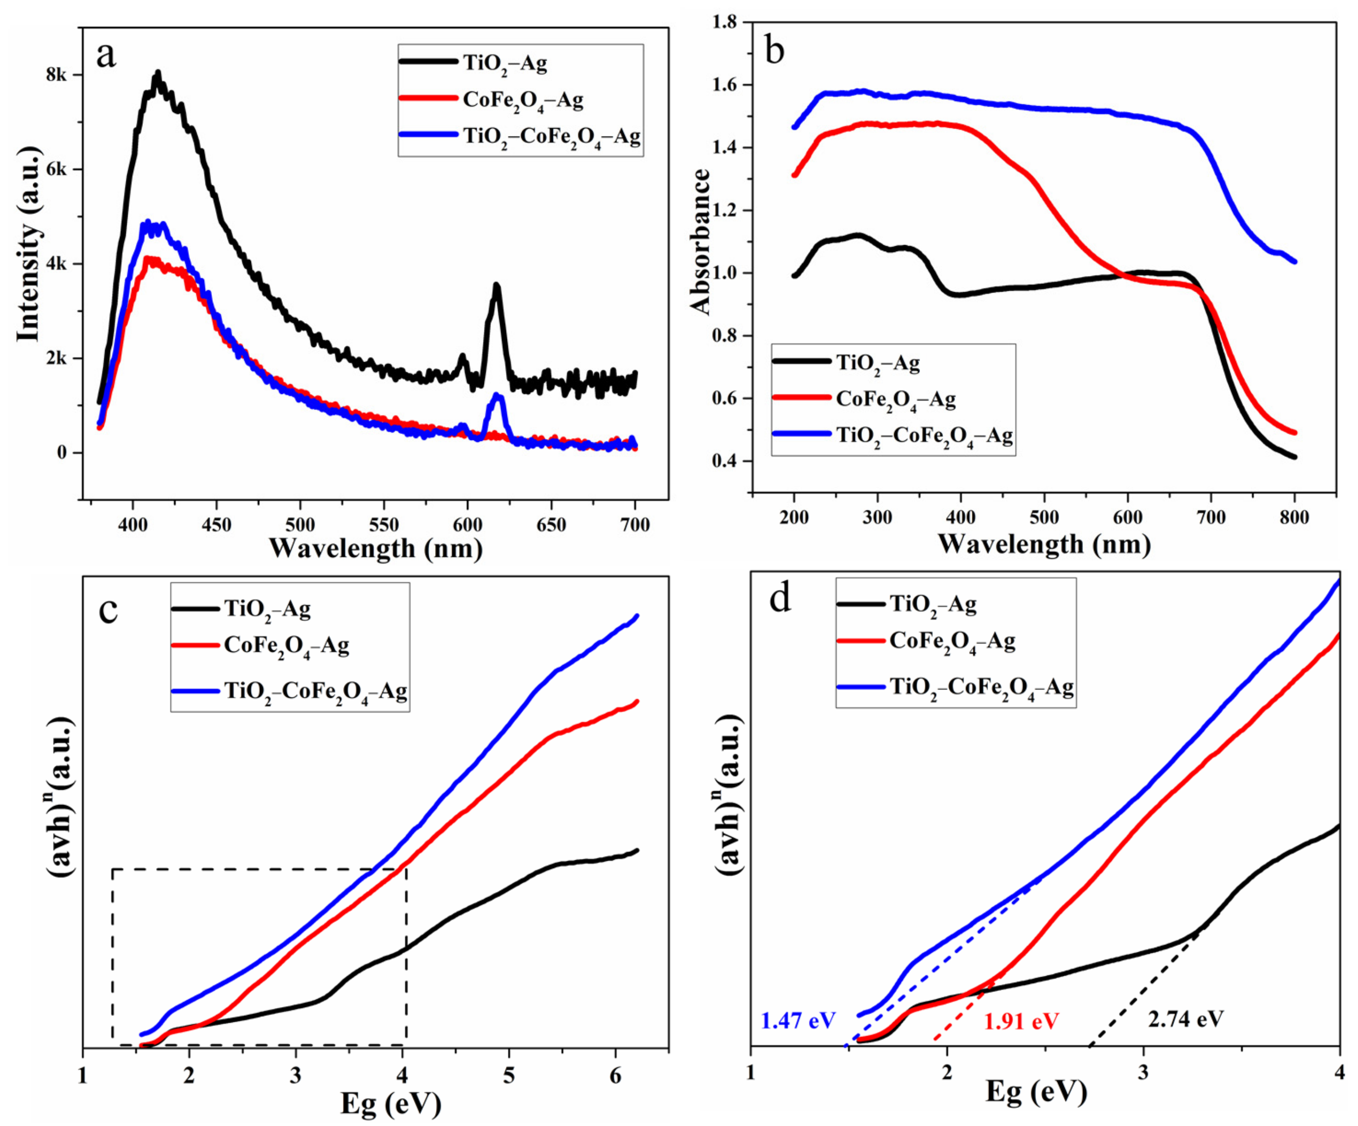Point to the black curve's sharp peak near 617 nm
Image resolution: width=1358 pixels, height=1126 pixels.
(x=497, y=286)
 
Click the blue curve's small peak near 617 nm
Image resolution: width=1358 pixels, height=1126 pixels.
(x=497, y=396)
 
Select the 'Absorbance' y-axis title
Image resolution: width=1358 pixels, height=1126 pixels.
(x=700, y=241)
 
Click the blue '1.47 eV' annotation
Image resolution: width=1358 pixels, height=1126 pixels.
(x=798, y=1021)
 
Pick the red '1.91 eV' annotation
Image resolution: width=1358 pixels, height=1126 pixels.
(x=1022, y=1021)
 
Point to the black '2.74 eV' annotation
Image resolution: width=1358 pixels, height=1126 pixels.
(x=1185, y=1020)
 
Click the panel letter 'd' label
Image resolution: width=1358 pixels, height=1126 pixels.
(x=781, y=599)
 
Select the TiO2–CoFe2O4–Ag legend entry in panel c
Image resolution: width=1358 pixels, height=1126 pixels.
(x=316, y=691)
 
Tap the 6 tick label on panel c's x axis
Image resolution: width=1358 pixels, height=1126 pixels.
(x=616, y=1075)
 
